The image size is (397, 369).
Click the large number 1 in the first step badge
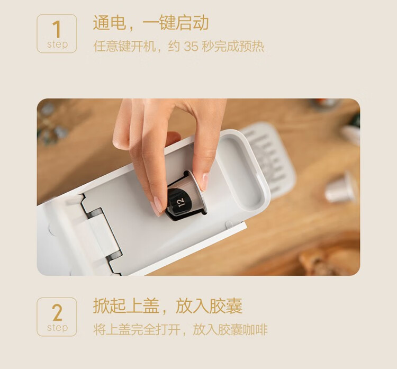(57, 29)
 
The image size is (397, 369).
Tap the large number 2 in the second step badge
(57, 312)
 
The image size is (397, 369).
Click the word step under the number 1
(58, 44)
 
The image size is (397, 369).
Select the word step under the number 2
(58, 328)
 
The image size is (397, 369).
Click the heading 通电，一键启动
(151, 23)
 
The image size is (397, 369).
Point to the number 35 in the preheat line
(191, 47)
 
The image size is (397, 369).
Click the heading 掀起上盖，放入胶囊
(168, 306)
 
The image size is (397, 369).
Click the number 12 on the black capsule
(181, 202)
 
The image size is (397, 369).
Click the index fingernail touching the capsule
(157, 205)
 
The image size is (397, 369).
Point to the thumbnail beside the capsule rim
(204, 182)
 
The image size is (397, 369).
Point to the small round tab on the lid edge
(229, 224)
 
